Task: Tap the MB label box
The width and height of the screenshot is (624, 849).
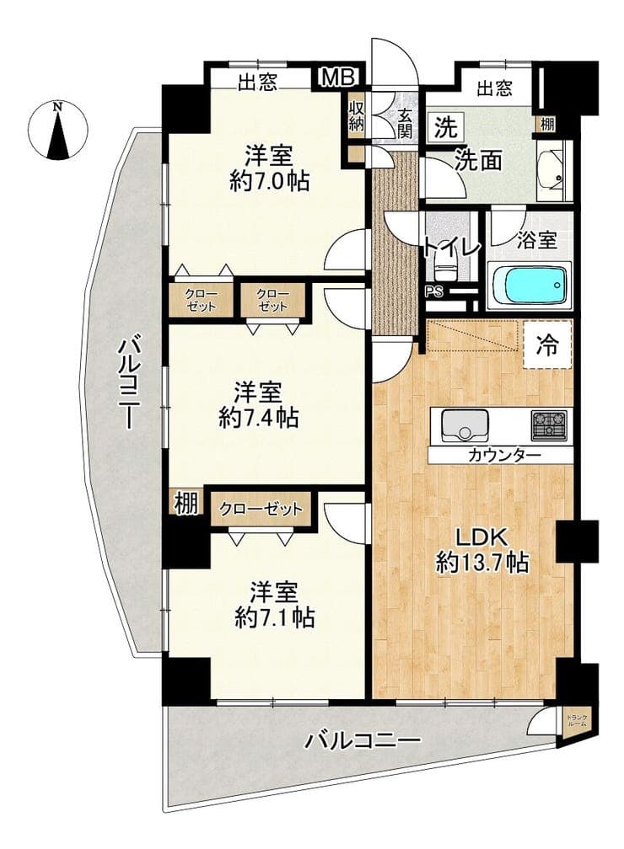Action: pos(339,77)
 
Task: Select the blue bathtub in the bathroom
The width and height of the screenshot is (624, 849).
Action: pos(530,286)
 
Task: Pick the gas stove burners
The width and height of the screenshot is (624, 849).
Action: pos(549,424)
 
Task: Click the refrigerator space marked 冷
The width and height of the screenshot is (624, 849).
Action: pos(547,345)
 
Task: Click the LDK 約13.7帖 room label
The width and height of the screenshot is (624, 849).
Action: pos(482,551)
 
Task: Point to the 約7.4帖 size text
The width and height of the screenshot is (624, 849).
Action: pos(259,417)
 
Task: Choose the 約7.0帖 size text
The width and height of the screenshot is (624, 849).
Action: pos(270,181)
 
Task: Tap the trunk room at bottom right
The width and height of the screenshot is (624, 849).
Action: pos(576,722)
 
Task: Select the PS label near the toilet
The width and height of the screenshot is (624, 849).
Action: pos(433,292)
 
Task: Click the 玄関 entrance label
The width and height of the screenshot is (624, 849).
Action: pos(406,123)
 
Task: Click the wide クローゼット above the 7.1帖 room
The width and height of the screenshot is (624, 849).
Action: pos(261,510)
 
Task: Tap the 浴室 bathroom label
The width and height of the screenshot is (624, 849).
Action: pos(536,240)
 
